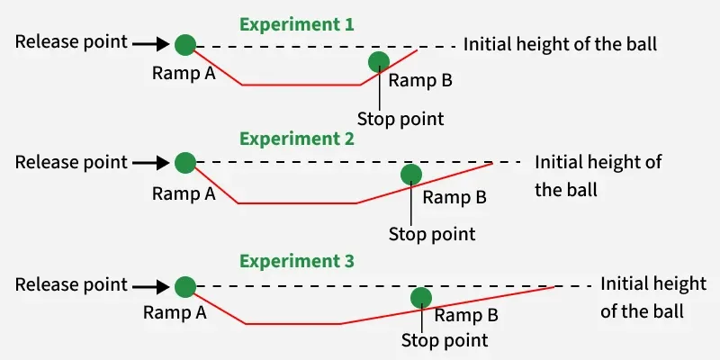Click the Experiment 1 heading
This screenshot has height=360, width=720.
click(x=296, y=25)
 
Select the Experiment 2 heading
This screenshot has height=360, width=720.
click(x=296, y=139)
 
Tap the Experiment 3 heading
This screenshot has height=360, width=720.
click(x=296, y=262)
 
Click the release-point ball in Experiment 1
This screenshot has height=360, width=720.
click(x=185, y=43)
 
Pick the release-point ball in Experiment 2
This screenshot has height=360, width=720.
click(x=185, y=163)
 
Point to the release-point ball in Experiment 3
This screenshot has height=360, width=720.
click(x=185, y=286)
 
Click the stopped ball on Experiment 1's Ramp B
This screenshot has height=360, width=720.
click(x=379, y=61)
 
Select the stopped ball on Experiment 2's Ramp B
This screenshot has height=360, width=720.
click(x=410, y=175)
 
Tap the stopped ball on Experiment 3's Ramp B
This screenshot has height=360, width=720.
click(x=419, y=298)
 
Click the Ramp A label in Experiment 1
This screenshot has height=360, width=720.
click(x=184, y=73)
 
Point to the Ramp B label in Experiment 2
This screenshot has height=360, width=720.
click(x=454, y=198)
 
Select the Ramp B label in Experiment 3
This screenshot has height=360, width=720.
click(x=466, y=315)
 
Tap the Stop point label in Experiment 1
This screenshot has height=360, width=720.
click(x=400, y=118)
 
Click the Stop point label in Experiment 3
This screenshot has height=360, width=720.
click(x=445, y=340)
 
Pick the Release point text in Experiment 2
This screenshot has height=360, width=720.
click(x=71, y=163)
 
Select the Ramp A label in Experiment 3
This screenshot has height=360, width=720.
click(x=175, y=312)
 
